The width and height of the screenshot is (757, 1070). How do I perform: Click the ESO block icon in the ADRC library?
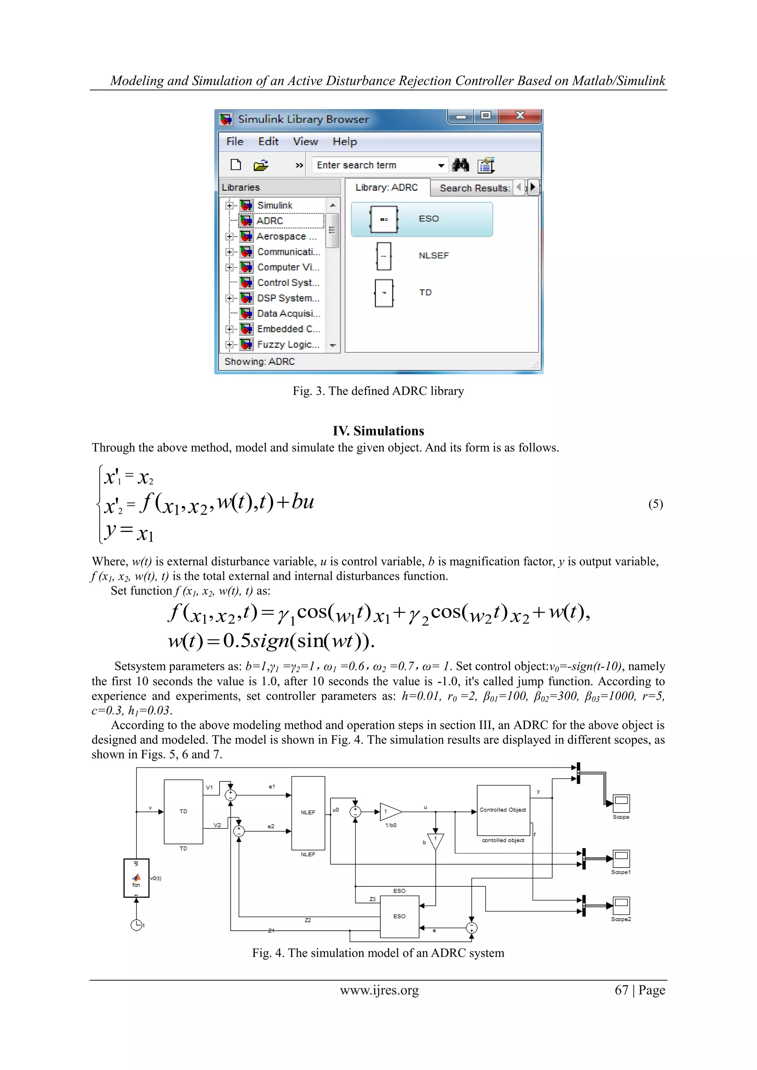[x=384, y=219]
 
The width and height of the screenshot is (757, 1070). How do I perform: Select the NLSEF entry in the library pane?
[x=433, y=255]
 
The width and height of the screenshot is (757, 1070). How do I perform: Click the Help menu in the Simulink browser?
[x=344, y=142]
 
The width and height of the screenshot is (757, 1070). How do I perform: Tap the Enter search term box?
[x=375, y=165]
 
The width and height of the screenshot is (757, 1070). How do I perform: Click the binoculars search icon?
[x=461, y=165]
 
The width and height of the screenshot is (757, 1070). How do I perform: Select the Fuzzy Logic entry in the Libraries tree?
[x=288, y=344]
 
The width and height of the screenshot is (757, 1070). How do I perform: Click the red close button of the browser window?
[x=520, y=116]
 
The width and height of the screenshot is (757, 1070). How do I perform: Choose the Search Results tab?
[x=474, y=188]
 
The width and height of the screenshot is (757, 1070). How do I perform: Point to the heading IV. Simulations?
[x=378, y=430]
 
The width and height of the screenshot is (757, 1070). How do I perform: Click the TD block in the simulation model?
[x=183, y=811]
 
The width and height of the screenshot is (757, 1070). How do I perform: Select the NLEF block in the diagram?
[x=308, y=813]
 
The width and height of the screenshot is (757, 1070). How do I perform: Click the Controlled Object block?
[x=503, y=810]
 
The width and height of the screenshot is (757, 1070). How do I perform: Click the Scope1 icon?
[x=621, y=858]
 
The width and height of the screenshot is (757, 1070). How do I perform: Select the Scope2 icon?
[x=621, y=904]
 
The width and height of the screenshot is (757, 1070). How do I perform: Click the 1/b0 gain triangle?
[x=390, y=812]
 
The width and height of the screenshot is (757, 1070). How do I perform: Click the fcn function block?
[x=136, y=878]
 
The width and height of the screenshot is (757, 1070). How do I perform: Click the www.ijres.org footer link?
[x=379, y=990]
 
